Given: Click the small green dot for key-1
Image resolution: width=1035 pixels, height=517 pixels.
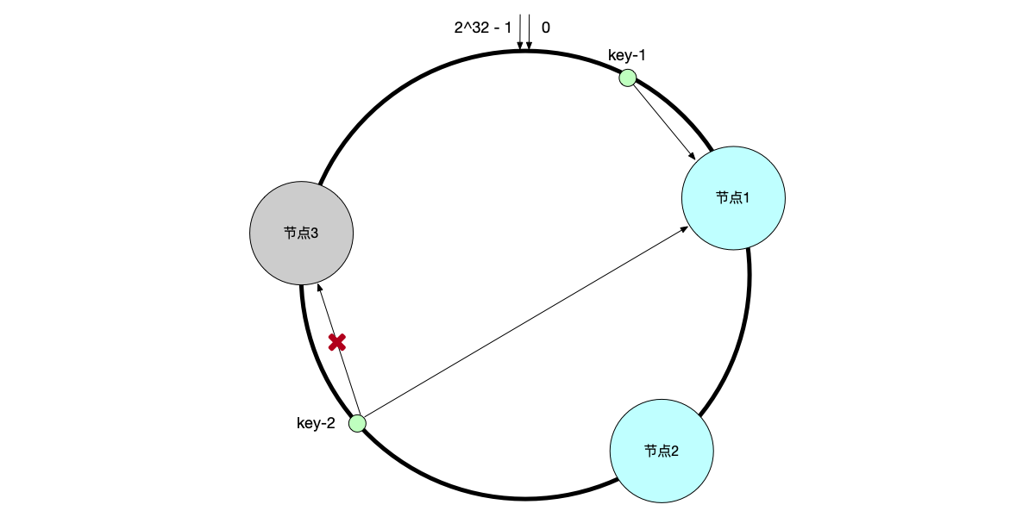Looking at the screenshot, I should (628, 78).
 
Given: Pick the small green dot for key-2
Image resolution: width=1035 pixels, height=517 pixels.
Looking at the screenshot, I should (357, 423).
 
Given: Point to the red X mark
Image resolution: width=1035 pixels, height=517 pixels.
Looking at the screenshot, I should (337, 342).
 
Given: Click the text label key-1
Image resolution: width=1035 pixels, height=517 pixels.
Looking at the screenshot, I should (627, 56).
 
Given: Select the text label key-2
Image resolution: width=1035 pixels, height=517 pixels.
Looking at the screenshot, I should (316, 423).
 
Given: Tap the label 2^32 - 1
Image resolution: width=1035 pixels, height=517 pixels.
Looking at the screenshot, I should (483, 28).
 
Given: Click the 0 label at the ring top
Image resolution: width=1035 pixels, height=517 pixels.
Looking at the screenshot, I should (546, 28).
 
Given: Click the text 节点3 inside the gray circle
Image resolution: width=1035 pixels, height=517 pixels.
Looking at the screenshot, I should (301, 233).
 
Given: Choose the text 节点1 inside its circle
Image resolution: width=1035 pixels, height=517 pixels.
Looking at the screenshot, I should (733, 197).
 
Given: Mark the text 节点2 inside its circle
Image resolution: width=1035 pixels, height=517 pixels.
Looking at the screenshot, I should (662, 451).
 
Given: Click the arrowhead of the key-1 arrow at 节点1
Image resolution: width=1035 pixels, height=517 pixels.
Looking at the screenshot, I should (693, 156).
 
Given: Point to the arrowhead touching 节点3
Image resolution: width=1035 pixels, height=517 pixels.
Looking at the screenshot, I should (319, 288).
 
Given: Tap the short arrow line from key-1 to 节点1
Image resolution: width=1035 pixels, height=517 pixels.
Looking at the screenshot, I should (662, 119).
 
